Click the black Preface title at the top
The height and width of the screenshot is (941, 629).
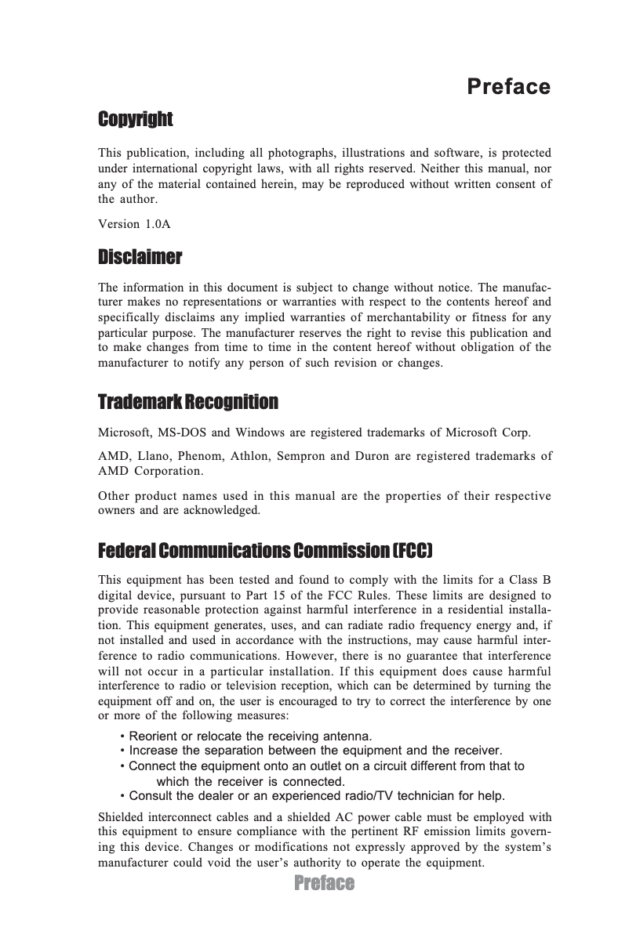tap(508, 86)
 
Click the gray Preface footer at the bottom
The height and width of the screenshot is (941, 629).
tap(324, 884)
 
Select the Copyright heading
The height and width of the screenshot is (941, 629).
tap(135, 119)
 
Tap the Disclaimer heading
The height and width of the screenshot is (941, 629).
tap(140, 257)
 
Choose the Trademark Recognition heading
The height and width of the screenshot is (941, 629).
tap(187, 403)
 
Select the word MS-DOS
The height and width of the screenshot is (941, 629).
tap(182, 432)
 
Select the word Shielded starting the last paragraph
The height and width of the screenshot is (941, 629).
tap(120, 818)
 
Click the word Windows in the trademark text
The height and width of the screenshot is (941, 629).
tap(261, 432)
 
